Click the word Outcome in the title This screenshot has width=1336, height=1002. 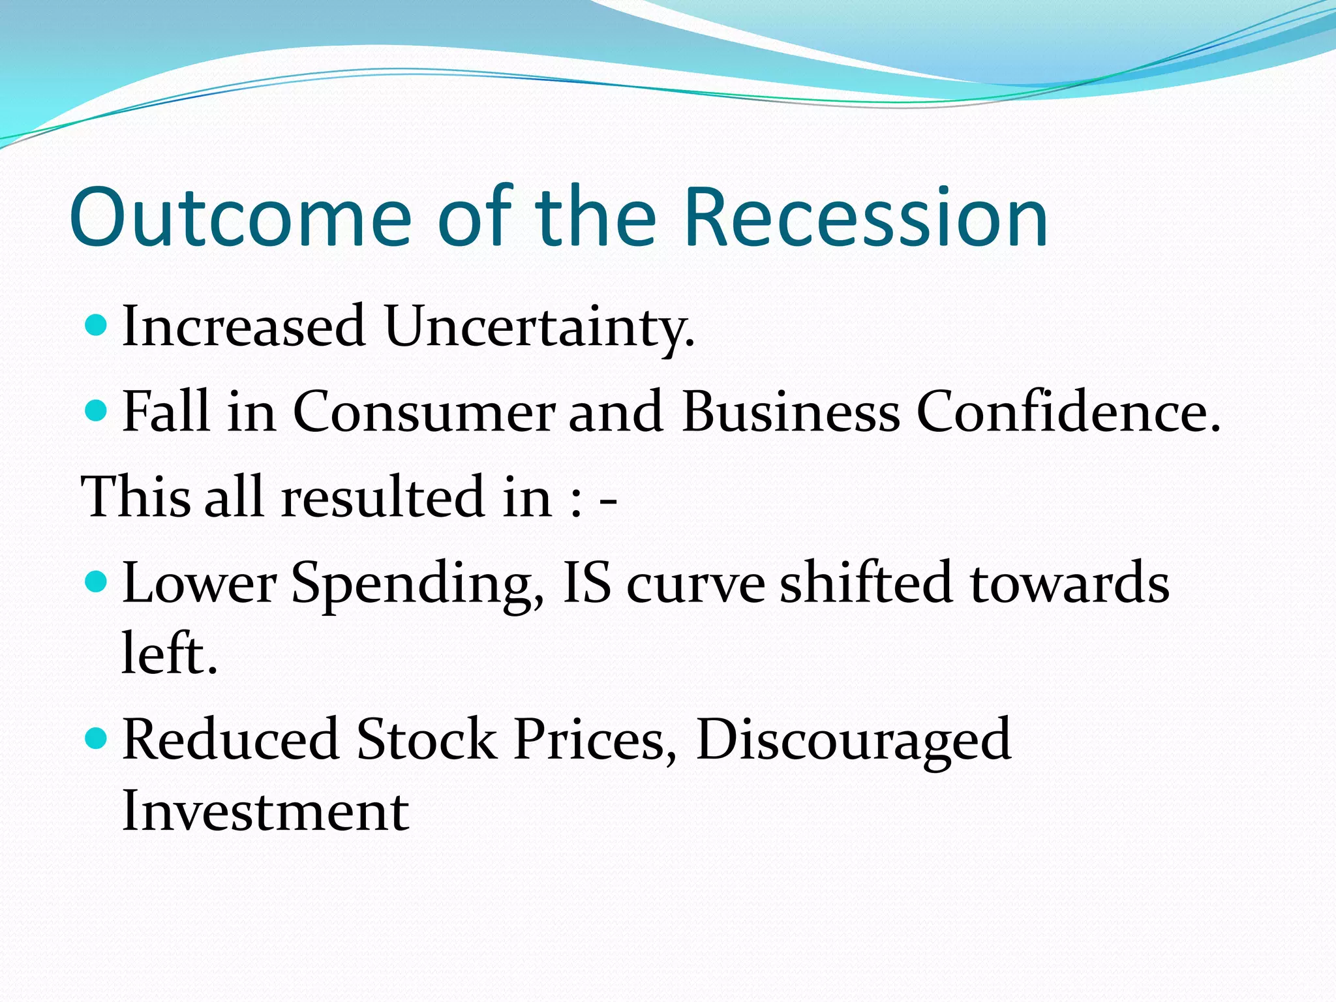click(x=240, y=218)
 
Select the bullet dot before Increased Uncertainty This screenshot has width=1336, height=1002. click(x=97, y=325)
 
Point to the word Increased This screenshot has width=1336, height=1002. click(x=243, y=326)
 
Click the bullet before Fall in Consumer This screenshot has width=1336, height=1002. click(x=97, y=410)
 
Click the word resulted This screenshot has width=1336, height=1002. click(x=384, y=497)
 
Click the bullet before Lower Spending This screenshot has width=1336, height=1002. click(x=97, y=581)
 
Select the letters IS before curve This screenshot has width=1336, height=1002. click(x=586, y=582)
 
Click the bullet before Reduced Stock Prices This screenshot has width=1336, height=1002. click(x=97, y=738)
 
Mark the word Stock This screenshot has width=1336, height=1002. click(x=427, y=740)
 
